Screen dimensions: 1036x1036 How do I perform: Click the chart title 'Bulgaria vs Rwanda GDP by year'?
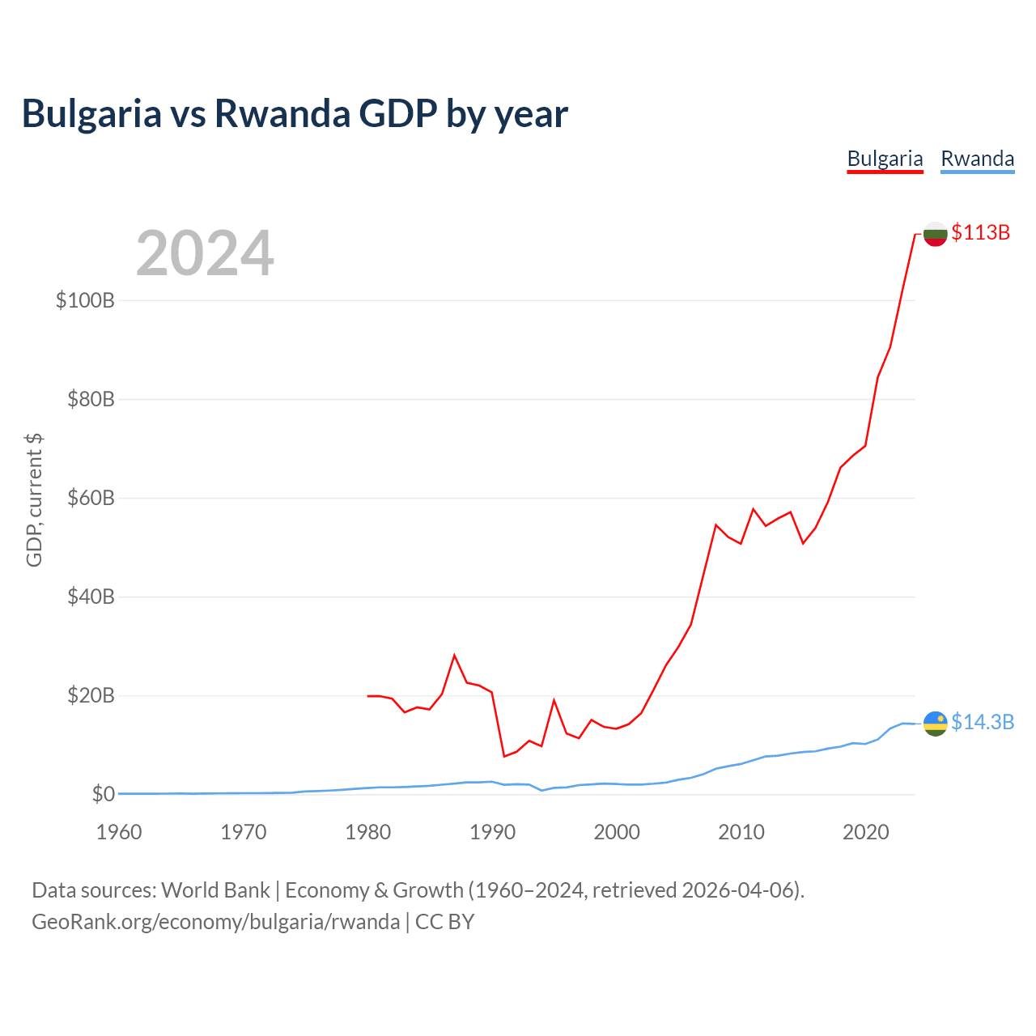295,113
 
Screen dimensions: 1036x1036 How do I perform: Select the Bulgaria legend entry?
885,159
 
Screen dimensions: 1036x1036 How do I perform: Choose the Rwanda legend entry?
977,159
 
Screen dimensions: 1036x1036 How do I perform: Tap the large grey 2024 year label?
205,254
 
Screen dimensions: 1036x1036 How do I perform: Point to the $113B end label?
981,232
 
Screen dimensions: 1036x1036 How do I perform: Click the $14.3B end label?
983,722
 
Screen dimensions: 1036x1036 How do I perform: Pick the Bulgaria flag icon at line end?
936,234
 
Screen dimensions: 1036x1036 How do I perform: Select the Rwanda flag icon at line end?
936,724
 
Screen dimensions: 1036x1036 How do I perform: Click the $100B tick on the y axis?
85,300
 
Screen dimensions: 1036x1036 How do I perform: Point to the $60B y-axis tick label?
91,498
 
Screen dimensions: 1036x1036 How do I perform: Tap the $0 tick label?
103,794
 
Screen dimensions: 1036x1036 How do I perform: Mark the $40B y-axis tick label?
91,597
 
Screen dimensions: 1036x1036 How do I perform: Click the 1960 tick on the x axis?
119,832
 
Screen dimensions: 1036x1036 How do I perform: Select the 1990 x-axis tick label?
493,832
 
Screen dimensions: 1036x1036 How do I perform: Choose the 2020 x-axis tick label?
866,832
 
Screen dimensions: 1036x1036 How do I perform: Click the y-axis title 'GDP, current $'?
34,500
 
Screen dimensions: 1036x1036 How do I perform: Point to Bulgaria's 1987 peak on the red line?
455,655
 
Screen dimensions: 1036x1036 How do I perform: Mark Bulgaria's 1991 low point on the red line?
504,756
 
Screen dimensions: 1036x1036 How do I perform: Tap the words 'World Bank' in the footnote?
215,890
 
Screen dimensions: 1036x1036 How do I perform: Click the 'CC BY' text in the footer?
444,922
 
